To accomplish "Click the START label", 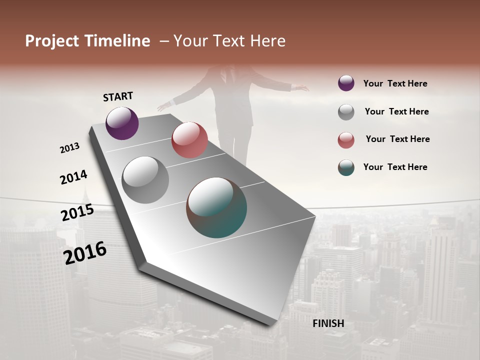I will click(118, 96).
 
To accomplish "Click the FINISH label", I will click(328, 323).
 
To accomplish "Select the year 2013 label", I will click(69, 148).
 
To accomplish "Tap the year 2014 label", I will click(73, 177).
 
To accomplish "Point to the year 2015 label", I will click(77, 212).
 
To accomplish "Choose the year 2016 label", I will click(85, 253).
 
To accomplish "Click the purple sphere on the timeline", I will click(122, 123).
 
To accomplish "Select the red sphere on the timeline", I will click(189, 140).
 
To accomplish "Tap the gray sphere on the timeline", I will click(145, 180).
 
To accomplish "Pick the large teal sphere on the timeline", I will click(216, 207).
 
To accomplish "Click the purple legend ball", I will click(346, 83).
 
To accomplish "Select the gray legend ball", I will click(346, 112).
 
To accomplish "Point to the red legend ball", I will click(346, 140).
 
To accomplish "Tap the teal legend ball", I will click(346, 167).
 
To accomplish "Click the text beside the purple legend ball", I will click(395, 83).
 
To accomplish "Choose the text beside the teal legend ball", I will click(395, 167).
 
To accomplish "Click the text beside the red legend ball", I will click(397, 139).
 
